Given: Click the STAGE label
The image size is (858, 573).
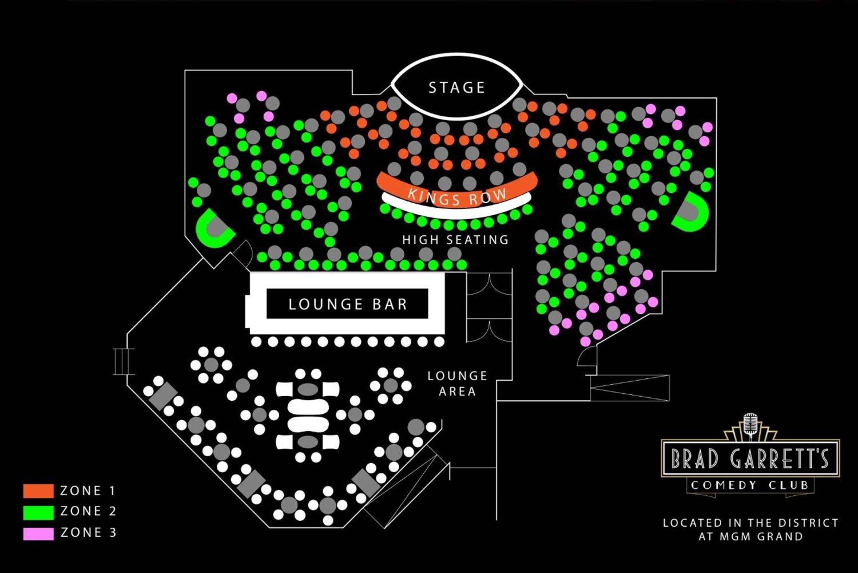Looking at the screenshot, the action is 456,88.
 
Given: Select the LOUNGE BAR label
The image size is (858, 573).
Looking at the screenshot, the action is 347,304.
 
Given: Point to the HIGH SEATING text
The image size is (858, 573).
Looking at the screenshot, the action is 455,239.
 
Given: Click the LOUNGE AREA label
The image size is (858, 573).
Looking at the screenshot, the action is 458,384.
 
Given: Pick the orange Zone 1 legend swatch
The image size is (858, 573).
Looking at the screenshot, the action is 38,491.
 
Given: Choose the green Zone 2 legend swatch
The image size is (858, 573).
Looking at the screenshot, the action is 38,512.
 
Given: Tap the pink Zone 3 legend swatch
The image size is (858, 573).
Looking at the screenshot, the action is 38,534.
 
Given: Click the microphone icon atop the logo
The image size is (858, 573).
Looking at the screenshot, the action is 750,424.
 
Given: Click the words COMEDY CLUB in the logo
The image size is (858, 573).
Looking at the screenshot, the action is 750,485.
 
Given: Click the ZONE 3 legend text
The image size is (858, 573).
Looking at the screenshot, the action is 88,533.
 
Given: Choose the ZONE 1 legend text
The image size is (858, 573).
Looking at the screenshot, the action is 88,491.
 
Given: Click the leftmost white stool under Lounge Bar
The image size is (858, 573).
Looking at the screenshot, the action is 256,342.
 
